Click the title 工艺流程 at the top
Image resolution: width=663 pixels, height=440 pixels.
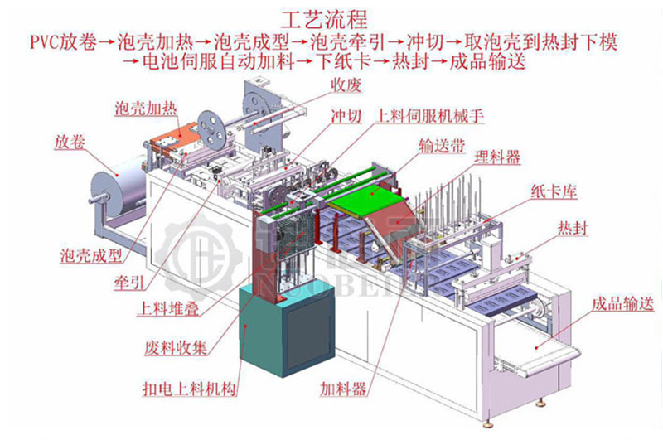pos(325,19)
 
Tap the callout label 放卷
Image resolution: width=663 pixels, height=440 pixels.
pos(70,142)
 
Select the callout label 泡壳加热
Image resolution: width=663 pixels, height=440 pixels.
pos(146,109)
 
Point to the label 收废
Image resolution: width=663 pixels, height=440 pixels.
pos(346,85)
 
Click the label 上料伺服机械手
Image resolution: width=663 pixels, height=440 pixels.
pos(429,115)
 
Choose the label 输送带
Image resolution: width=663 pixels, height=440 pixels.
pos(443,146)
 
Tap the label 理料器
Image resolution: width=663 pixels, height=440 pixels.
pos(497,157)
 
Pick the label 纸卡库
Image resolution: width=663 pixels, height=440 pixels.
pos(554,192)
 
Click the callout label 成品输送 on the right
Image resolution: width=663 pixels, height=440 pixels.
pos(623,303)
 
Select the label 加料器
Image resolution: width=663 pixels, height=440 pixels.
pos(343,388)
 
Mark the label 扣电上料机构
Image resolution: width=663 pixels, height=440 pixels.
pos(190,388)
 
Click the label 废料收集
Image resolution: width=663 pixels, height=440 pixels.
pos(176,347)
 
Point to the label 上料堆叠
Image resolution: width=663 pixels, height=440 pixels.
pos(168,308)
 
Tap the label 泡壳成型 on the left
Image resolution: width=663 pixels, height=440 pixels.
pos(91,255)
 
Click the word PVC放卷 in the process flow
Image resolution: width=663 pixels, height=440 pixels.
pos(65,42)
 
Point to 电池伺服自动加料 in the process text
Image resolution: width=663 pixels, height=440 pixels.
pos(218,61)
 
